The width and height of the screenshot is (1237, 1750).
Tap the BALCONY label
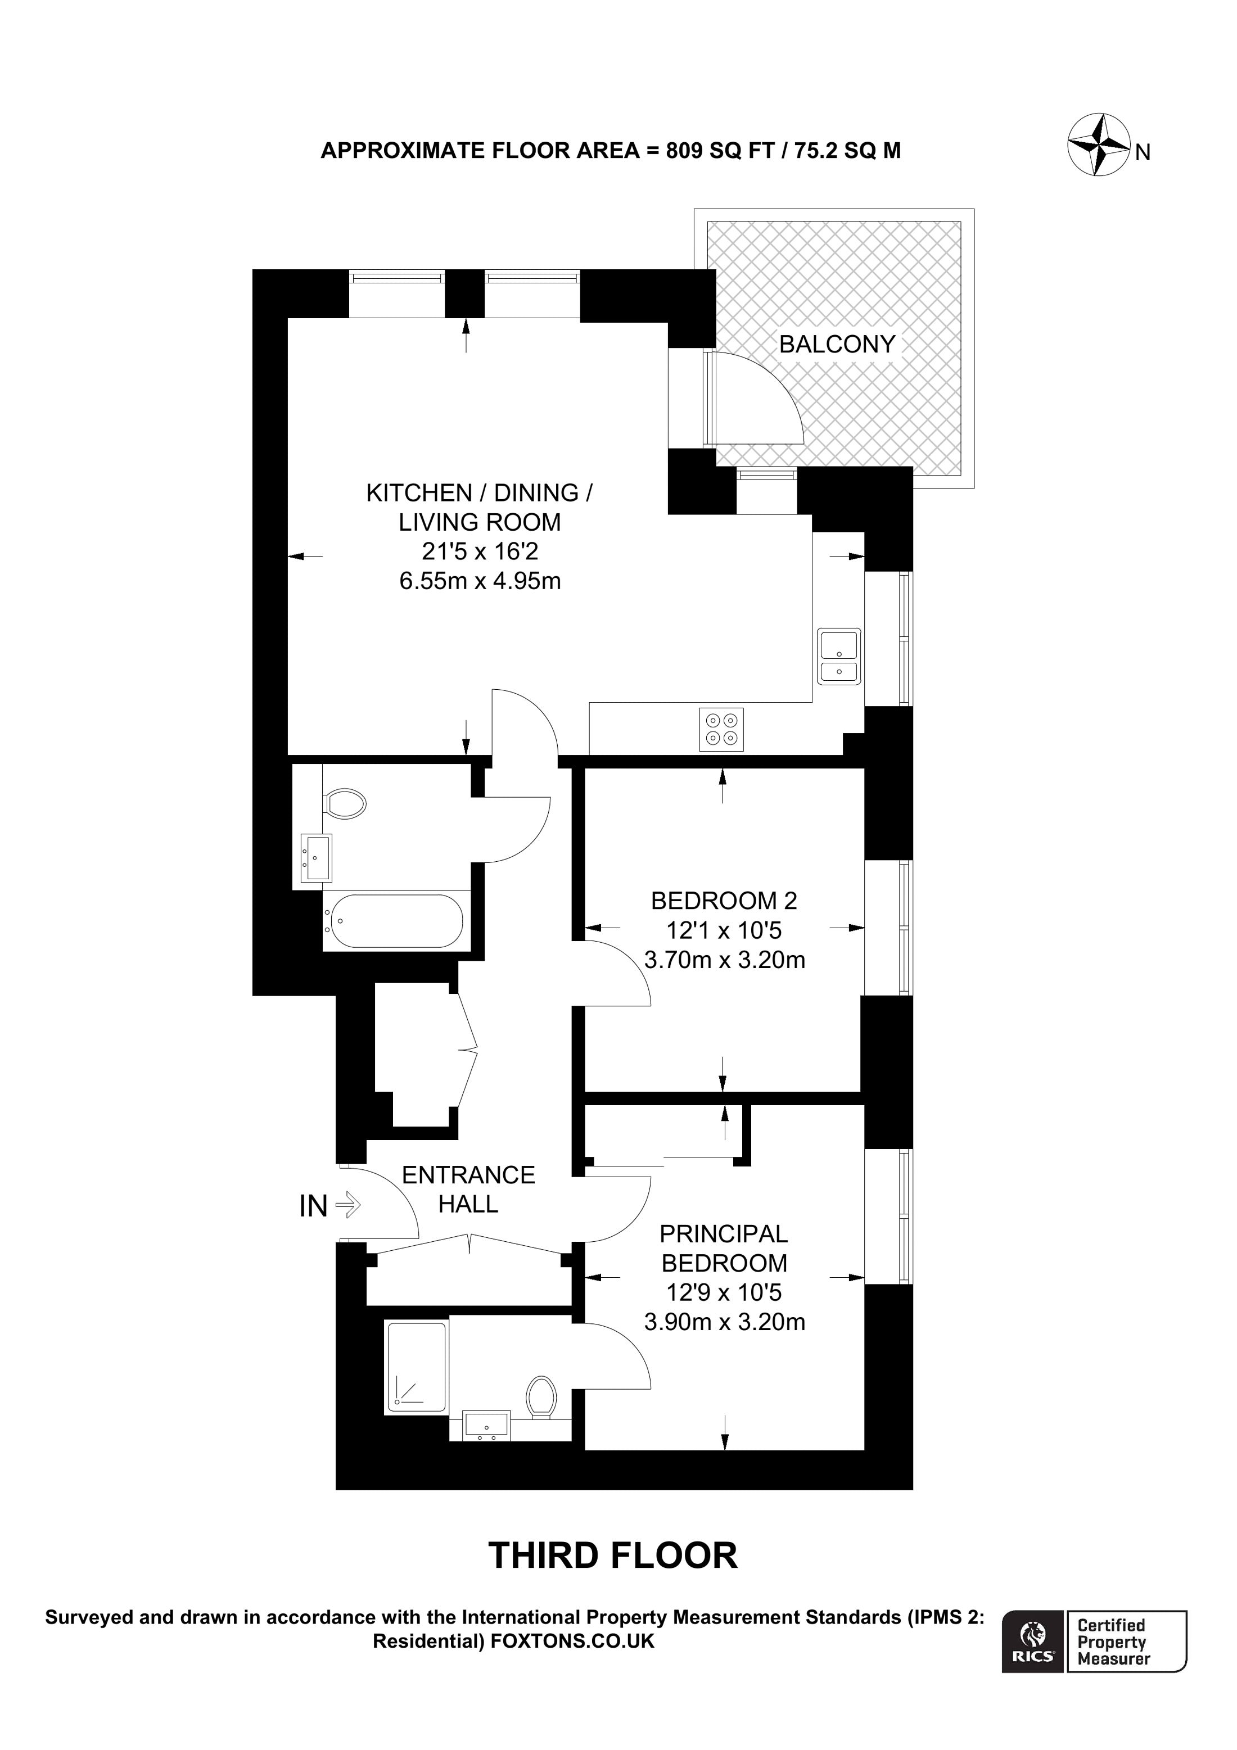coord(836,345)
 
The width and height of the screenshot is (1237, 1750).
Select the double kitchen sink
coord(838,656)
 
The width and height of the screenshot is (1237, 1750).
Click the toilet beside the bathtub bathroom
coord(345,803)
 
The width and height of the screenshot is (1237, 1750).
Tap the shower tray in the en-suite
coord(416,1367)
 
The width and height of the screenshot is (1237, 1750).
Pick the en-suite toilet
coord(541,1397)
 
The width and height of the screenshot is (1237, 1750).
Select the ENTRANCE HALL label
coord(468,1189)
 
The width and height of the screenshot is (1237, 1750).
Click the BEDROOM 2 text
coord(723,901)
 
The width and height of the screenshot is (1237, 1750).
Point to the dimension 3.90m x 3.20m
coord(724,1322)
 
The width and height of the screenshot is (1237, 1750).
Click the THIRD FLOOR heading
coord(613,1555)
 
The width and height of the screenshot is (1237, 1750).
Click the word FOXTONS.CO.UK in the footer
coord(572,1641)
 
